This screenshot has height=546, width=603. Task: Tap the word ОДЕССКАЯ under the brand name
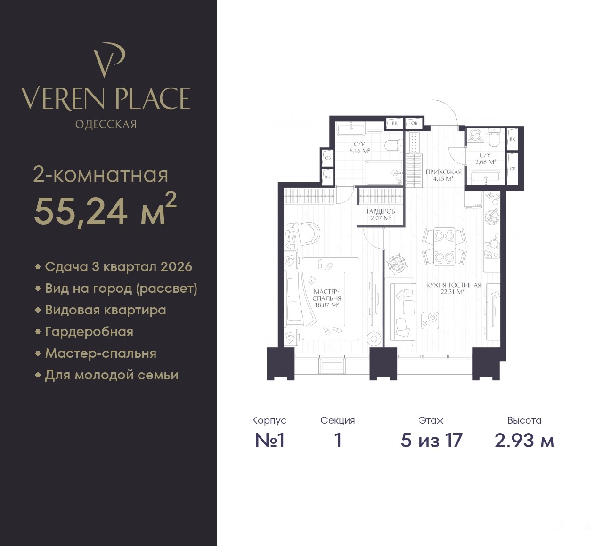tap(106, 124)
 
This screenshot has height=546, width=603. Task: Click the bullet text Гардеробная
tap(89, 332)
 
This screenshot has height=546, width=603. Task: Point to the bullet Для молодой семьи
tap(112, 375)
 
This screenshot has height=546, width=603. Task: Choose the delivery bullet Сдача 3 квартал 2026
tap(118, 267)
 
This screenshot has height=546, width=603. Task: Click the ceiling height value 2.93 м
tap(524, 441)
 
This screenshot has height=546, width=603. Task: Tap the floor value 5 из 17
tap(432, 441)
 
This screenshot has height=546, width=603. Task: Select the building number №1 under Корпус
tap(269, 441)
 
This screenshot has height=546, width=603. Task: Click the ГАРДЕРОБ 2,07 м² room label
tap(381, 215)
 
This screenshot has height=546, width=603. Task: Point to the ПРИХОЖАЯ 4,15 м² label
tap(443, 176)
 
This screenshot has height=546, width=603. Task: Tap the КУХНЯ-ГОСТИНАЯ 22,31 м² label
tap(454, 289)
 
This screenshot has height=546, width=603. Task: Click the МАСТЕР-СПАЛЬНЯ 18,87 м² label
tap(327, 298)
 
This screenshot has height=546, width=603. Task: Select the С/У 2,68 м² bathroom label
tap(485, 159)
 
